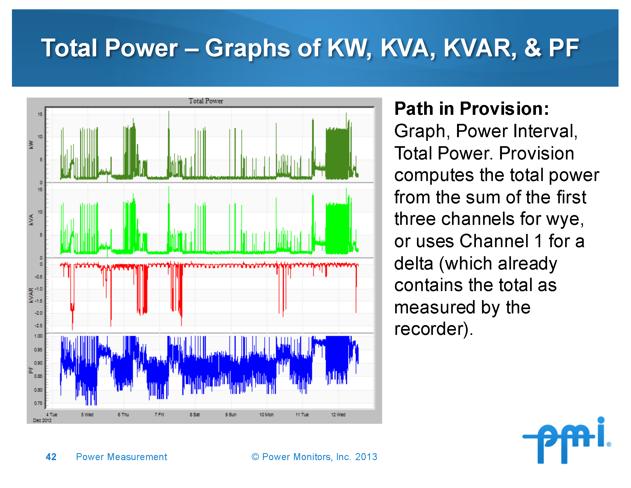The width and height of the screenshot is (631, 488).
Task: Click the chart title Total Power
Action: pyautogui.click(x=206, y=101)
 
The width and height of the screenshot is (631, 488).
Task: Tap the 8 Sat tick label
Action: pyautogui.click(x=194, y=415)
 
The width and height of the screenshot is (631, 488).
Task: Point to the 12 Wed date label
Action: pyautogui.click(x=338, y=415)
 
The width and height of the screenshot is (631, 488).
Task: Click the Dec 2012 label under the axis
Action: pyautogui.click(x=42, y=420)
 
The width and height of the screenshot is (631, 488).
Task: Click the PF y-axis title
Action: pyautogui.click(x=31, y=370)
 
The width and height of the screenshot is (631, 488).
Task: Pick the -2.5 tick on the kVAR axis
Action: pyautogui.click(x=38, y=326)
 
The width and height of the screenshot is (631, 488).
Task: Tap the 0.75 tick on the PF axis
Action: pyautogui.click(x=38, y=403)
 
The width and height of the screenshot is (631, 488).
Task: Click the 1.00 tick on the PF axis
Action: pyautogui.click(x=38, y=336)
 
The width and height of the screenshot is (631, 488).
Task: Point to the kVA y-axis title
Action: pyautogui.click(x=31, y=220)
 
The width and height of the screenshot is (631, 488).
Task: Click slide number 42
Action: pyautogui.click(x=51, y=457)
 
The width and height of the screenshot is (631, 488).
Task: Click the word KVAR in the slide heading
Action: pyautogui.click(x=480, y=48)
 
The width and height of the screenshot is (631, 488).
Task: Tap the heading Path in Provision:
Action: pyautogui.click(x=471, y=109)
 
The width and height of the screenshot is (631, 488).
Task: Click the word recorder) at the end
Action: pyautogui.click(x=433, y=329)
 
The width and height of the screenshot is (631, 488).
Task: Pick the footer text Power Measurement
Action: pyautogui.click(x=121, y=457)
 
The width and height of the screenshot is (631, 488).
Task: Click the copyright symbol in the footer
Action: pyautogui.click(x=255, y=457)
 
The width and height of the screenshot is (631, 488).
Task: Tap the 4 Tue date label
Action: pyautogui.click(x=52, y=415)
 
